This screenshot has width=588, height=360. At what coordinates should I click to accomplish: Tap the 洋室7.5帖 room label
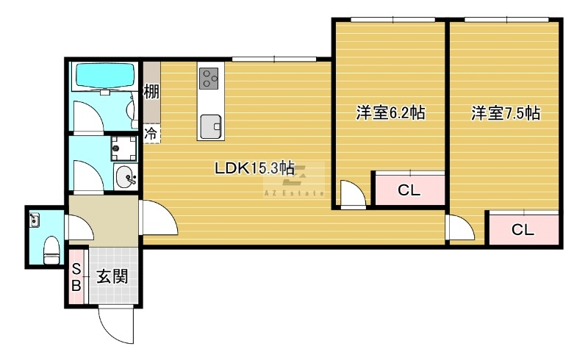[x=506, y=113]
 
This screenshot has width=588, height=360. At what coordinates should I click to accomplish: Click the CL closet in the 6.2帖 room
[x=409, y=190]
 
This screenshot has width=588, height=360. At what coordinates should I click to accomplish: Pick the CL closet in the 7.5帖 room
[x=523, y=229]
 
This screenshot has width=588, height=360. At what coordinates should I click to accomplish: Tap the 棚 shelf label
[x=151, y=93]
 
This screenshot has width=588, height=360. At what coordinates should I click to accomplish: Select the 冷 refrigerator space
[x=151, y=134]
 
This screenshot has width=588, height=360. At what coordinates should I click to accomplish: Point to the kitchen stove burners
[x=209, y=78]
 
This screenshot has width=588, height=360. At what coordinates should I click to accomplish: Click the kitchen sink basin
[x=211, y=126]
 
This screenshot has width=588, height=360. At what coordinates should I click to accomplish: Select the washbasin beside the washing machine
[x=125, y=177]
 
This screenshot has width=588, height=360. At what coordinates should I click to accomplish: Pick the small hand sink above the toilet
[x=35, y=218]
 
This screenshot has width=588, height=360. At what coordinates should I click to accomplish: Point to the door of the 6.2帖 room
[x=351, y=195]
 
